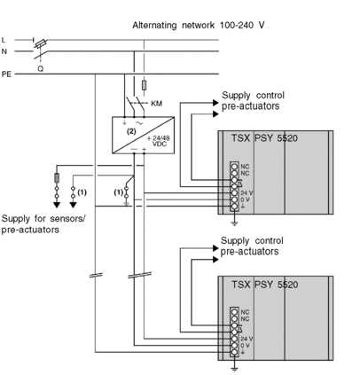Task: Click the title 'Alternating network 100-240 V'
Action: pos(199,26)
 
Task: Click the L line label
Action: pos(4,40)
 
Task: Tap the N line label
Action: pos(4,51)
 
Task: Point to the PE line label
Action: pos(6,74)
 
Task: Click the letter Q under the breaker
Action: pos(40,69)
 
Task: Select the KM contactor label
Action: pos(157,104)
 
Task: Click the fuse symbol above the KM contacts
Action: pos(144,85)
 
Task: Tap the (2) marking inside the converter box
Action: pos(131,131)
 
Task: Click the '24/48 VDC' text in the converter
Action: pos(159,141)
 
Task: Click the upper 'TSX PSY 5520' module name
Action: pos(264,138)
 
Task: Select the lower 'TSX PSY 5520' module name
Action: pos(264,285)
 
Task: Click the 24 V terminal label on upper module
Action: pos(247,193)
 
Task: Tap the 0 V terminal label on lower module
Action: pos(245,346)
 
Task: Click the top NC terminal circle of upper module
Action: pos(234,167)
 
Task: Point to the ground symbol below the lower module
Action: pos(234,369)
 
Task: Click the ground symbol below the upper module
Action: pos(234,223)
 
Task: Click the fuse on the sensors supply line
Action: pos(57,177)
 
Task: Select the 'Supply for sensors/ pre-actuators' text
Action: pos(43,224)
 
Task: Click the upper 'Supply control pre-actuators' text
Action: pos(253,101)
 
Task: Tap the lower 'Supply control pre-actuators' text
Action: pos(252,246)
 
